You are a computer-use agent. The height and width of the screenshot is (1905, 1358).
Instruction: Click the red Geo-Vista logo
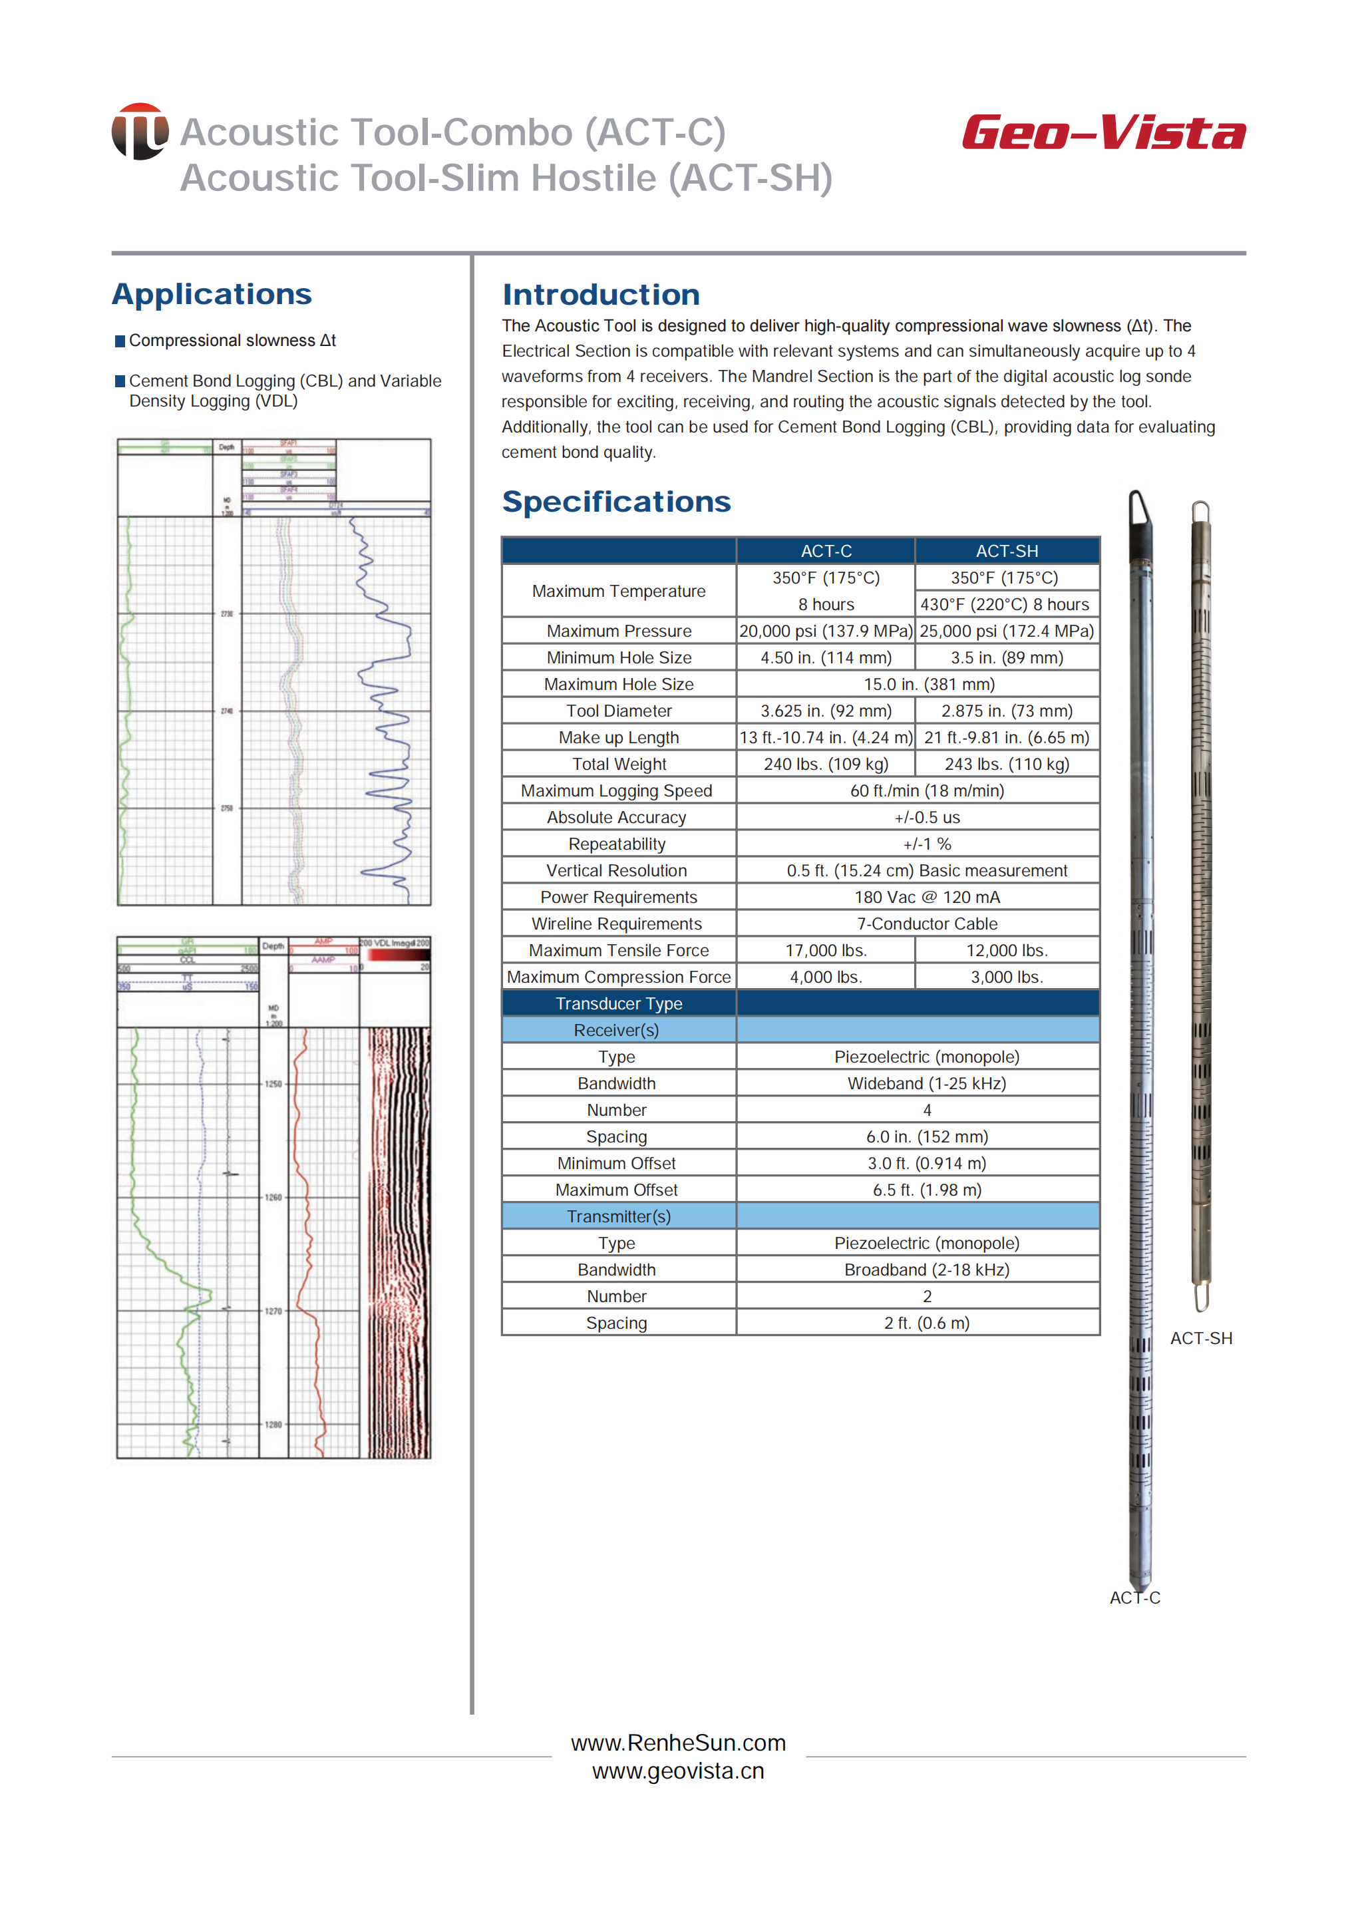coord(1103,132)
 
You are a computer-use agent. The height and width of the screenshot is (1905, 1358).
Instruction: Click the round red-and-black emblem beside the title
coord(140,131)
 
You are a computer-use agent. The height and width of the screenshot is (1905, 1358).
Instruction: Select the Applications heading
coord(212,294)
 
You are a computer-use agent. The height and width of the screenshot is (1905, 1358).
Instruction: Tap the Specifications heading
coord(616,502)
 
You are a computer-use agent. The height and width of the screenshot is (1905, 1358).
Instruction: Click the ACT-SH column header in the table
coord(1007,551)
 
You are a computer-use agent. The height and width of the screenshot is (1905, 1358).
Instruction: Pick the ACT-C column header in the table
coord(826,551)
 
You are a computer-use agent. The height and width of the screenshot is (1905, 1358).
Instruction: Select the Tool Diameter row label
coord(619,711)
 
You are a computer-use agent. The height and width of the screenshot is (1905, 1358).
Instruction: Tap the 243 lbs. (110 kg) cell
coord(1007,765)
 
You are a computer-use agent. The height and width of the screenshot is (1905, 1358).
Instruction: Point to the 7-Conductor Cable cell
coord(927,924)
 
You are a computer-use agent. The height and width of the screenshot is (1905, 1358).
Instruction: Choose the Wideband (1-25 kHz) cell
coord(927,1084)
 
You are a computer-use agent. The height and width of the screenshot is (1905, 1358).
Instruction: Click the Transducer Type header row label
coord(619,1003)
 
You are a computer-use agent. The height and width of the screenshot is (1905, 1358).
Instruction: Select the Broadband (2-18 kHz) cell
coord(927,1270)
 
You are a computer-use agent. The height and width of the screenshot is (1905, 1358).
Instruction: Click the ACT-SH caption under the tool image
coord(1201,1339)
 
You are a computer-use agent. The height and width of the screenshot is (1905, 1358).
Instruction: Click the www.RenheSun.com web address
coord(678,1743)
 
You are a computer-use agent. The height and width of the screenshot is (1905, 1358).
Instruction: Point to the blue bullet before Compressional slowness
coord(120,341)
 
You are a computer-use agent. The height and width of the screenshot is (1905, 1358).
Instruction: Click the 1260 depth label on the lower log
coord(273,1198)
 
